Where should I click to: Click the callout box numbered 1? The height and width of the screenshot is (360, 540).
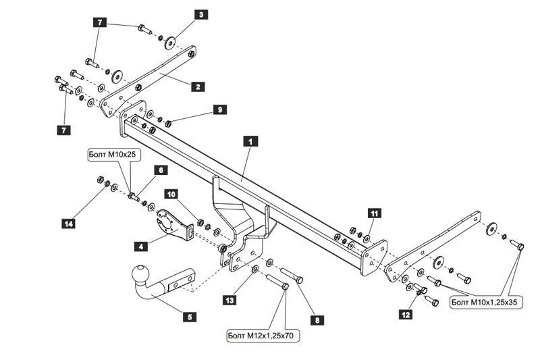[x=250, y=141]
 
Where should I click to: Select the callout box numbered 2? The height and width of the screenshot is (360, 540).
[x=198, y=86]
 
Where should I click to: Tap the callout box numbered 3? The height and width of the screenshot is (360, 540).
[x=201, y=14]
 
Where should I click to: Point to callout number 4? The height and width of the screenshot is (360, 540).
[x=141, y=247]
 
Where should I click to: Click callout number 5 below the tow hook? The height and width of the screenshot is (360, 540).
[x=190, y=317]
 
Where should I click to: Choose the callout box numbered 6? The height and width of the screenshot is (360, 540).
[x=161, y=170]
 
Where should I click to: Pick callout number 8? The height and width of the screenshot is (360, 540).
[x=317, y=320]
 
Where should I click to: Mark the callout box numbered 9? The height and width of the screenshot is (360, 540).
[x=220, y=110]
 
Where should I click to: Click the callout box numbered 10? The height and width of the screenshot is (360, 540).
[x=171, y=195]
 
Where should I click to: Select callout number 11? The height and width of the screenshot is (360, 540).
[x=375, y=213]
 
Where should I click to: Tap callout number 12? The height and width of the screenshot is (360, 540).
[x=406, y=315]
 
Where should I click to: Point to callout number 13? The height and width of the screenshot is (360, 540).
[x=230, y=301]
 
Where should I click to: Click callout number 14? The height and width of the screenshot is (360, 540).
[x=69, y=224]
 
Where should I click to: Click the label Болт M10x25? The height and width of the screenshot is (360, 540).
[x=112, y=155]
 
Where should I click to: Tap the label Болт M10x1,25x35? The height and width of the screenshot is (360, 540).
[x=487, y=302]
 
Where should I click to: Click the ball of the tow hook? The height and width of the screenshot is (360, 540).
[x=141, y=275]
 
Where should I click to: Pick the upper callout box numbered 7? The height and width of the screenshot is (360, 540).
[x=100, y=22]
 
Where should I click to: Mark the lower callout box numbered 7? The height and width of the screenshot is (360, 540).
[x=63, y=130]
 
